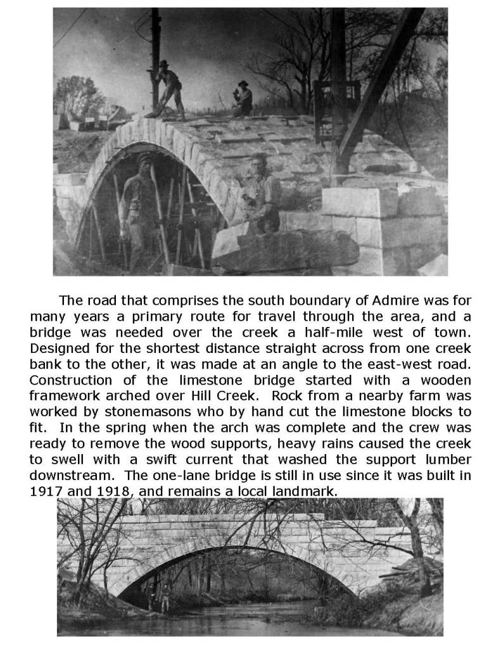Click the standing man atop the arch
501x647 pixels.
point(168,89)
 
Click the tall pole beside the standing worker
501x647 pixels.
point(155,57)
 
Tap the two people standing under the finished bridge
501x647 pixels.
point(158,596)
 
